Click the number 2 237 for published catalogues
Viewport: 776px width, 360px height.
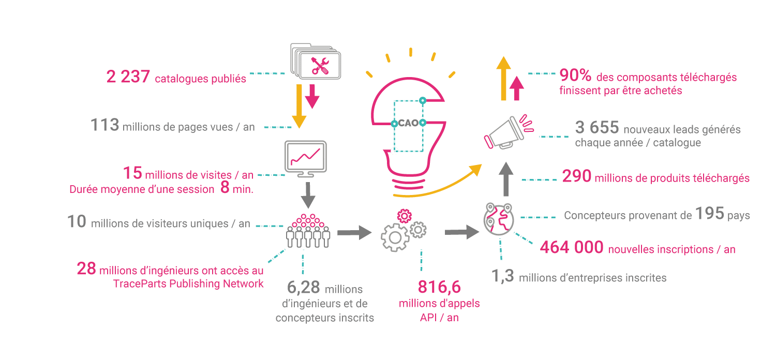pos(128,78)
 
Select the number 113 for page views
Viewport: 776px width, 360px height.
pos(105,125)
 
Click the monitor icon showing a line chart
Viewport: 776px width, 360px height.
pos(306,158)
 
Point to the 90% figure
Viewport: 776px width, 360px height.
pos(575,76)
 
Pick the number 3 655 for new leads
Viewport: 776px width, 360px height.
pos(596,128)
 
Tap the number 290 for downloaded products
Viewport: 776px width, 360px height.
pos(577,176)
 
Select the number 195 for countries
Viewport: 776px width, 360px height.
pos(709,214)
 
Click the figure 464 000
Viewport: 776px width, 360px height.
pos(572,248)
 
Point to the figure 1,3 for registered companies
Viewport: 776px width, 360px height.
pos(502,277)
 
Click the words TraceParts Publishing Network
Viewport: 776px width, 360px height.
pos(188,283)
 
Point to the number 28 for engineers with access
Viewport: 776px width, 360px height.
pos(86,269)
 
